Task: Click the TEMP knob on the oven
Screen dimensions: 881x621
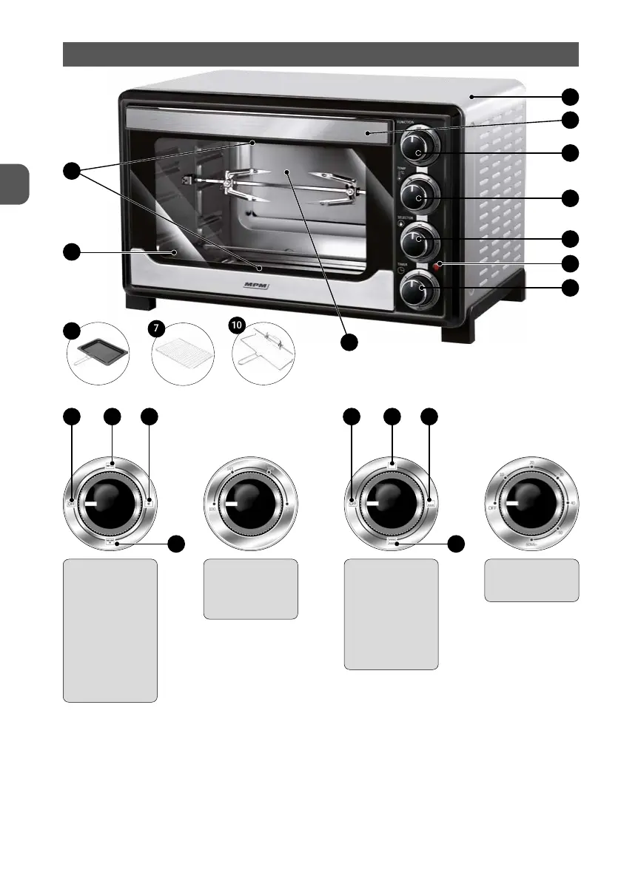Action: (418, 196)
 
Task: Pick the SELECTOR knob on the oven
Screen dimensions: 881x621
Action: (418, 240)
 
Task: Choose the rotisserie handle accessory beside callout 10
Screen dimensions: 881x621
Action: (263, 356)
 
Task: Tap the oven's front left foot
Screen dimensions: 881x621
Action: (141, 303)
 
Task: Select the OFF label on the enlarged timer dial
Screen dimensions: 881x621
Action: (492, 509)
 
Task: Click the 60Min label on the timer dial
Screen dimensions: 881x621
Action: (531, 544)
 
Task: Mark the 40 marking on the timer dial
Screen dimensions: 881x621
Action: (570, 504)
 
